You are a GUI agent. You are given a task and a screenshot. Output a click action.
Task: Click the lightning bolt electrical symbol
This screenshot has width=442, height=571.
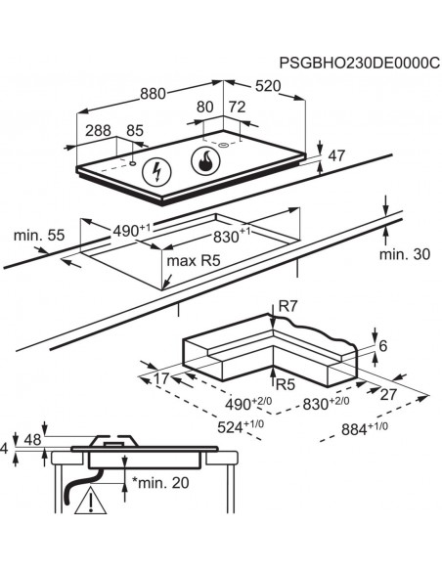coord(155,173)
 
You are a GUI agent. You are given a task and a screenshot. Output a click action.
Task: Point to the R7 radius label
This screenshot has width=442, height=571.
coord(287,307)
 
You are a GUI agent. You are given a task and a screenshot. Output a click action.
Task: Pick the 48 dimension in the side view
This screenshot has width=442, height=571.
coord(32,439)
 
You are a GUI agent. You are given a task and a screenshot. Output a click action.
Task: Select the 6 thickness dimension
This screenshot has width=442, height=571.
coord(383,346)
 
